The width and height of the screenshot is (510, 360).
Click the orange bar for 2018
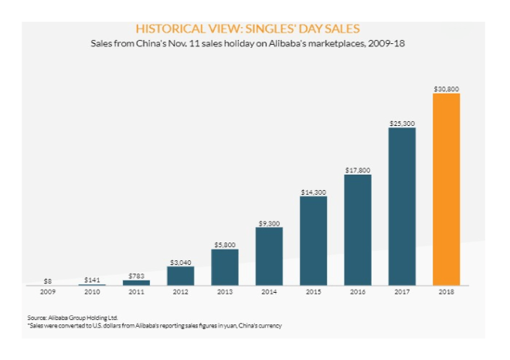(x=446, y=189)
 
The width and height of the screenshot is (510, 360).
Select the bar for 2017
(x=402, y=206)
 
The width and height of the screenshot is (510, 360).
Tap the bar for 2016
(x=358, y=229)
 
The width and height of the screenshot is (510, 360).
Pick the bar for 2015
(x=313, y=240)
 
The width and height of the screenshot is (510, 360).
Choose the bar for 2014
(x=269, y=256)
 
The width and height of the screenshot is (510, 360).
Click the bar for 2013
(x=225, y=267)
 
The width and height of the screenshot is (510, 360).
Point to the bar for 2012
(x=180, y=276)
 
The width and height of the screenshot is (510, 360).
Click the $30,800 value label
(x=446, y=89)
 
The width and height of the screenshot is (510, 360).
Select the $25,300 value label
(x=402, y=123)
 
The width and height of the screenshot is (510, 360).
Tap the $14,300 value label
(x=313, y=192)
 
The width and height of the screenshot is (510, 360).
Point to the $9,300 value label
(x=269, y=222)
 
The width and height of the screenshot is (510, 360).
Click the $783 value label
(x=136, y=276)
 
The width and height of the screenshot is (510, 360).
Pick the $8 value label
(x=47, y=280)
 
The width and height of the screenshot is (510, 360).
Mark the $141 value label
(x=91, y=280)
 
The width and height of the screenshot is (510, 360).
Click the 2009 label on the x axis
(x=47, y=293)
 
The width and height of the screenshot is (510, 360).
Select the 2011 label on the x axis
(x=136, y=293)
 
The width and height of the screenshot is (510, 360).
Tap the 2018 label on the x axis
(x=446, y=293)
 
